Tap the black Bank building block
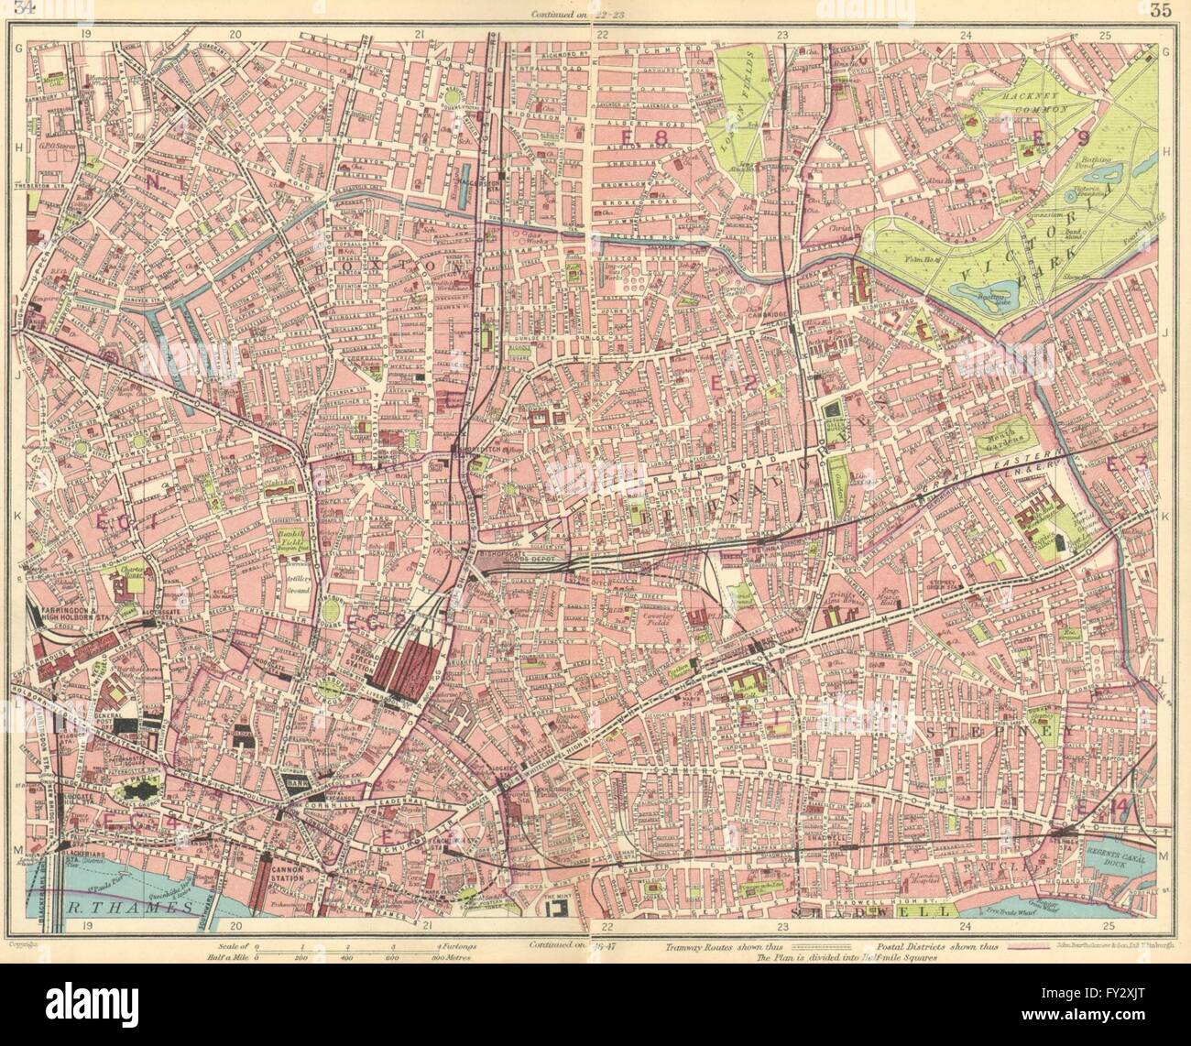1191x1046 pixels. pyautogui.click(x=291, y=783)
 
